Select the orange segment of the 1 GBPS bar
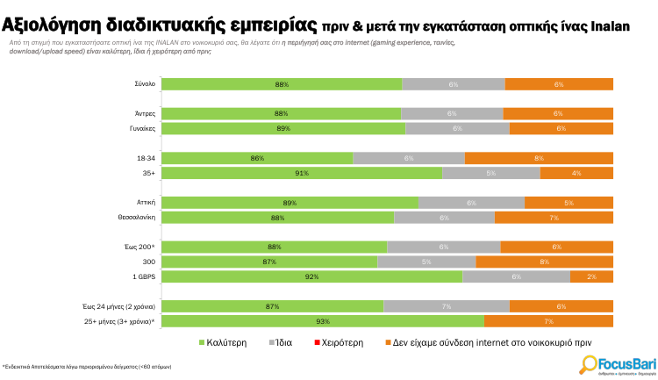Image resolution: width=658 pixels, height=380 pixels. click(x=591, y=277)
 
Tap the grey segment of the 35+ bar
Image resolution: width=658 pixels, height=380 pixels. click(x=491, y=173)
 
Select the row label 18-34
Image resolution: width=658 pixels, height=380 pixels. click(x=147, y=158)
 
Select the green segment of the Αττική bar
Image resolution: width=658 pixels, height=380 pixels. click(x=290, y=203)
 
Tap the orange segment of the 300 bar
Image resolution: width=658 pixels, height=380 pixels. click(x=544, y=262)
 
